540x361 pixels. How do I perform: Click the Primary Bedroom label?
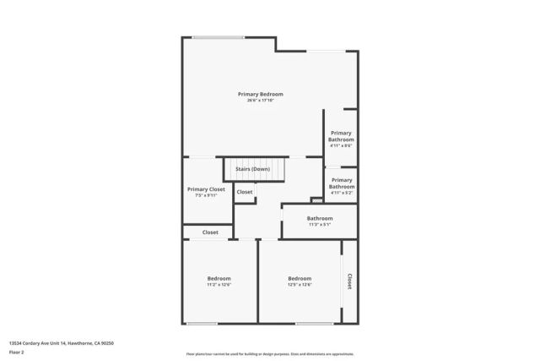pyautogui.click(x=260, y=94)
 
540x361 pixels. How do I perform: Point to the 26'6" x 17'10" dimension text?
pyautogui.click(x=260, y=101)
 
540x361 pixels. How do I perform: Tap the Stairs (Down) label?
pyautogui.click(x=252, y=169)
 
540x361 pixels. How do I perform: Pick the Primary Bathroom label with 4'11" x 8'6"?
pyautogui.click(x=341, y=136)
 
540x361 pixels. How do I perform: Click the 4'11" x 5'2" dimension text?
pyautogui.click(x=341, y=194)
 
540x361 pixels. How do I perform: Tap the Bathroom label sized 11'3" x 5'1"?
pyautogui.click(x=320, y=218)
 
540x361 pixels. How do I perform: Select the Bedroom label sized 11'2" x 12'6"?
pyautogui.click(x=219, y=278)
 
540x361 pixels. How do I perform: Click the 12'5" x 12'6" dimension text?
pyautogui.click(x=300, y=285)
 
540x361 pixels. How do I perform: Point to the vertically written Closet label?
pyautogui.click(x=349, y=280)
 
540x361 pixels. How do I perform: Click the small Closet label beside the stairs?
pyautogui.click(x=244, y=192)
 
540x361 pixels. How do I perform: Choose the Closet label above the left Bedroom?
pyautogui.click(x=210, y=232)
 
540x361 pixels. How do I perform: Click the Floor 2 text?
pyautogui.click(x=16, y=352)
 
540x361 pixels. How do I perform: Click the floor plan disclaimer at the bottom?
pyautogui.click(x=269, y=354)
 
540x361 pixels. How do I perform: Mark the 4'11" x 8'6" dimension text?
pyautogui.click(x=341, y=145)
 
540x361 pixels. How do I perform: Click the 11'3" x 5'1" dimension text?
pyautogui.click(x=320, y=224)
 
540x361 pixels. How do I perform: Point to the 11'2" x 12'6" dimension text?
pyautogui.click(x=219, y=285)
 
